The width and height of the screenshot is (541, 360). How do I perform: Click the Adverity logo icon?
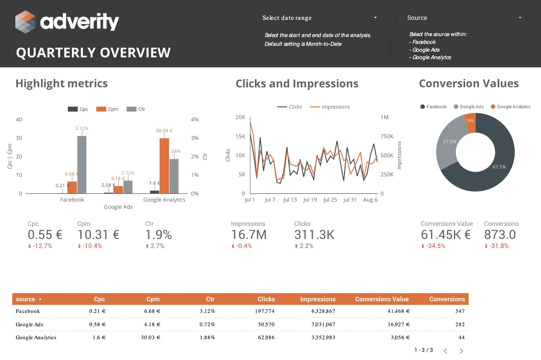pyautogui.click(x=25, y=22)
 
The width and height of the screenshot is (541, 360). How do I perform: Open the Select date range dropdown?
pyautogui.click(x=320, y=18)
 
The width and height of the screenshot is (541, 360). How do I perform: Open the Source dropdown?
pyautogui.click(x=464, y=18)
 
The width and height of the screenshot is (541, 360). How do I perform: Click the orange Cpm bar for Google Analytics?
pyautogui.click(x=164, y=166)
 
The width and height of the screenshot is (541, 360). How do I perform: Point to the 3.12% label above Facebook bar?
pyautogui.click(x=82, y=128)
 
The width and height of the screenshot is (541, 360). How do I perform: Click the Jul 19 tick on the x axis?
pyautogui.click(x=310, y=200)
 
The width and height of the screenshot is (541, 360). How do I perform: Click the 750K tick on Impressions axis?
pyautogui.click(x=387, y=136)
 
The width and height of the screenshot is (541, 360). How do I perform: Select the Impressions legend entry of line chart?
pyautogui.click(x=330, y=107)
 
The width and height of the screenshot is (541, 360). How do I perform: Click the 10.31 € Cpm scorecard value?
pyautogui.click(x=98, y=235)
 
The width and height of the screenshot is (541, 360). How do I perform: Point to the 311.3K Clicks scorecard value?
pyautogui.click(x=314, y=235)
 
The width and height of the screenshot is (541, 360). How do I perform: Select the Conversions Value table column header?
pyautogui.click(x=382, y=299)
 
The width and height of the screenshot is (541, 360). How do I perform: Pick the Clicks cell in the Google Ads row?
pyautogui.click(x=266, y=324)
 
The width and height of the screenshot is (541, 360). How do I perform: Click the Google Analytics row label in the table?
pyautogui.click(x=36, y=337)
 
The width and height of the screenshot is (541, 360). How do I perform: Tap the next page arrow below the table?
pyautogui.click(x=461, y=351)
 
